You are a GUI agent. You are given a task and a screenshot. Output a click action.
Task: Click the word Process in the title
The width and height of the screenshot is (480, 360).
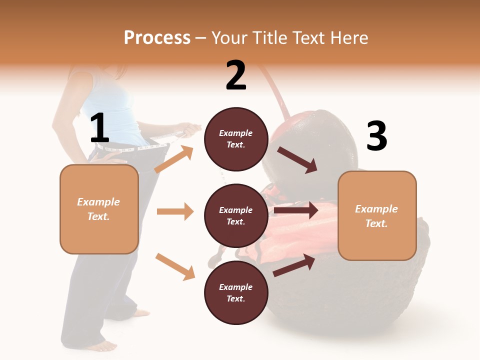click(157, 38)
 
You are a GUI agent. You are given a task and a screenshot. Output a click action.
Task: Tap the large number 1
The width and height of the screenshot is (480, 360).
click(99, 129)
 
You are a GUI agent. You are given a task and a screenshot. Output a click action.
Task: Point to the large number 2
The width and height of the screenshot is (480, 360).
click(236, 75)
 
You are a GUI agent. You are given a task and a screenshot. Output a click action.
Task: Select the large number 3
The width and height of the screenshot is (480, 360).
click(376, 136)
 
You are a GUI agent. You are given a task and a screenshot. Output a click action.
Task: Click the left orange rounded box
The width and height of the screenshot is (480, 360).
click(99, 209)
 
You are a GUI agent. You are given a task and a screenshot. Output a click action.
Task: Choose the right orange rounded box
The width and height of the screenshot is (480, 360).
click(377, 216)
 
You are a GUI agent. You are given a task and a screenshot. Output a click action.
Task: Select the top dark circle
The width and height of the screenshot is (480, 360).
click(235, 139)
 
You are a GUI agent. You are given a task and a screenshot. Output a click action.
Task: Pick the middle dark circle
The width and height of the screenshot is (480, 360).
click(235, 216)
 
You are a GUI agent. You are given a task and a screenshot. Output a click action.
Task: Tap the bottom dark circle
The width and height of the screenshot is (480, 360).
click(235, 293)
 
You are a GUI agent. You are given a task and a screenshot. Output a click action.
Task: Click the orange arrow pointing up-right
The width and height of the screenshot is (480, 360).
click(174, 159)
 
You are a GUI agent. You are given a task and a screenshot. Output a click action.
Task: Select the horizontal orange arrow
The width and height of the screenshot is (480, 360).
click(175, 211)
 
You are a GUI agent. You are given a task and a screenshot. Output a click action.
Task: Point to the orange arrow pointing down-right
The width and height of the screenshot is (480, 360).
click(175, 266)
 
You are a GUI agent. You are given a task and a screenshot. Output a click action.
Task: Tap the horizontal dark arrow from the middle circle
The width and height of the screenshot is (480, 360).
click(296, 210)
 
